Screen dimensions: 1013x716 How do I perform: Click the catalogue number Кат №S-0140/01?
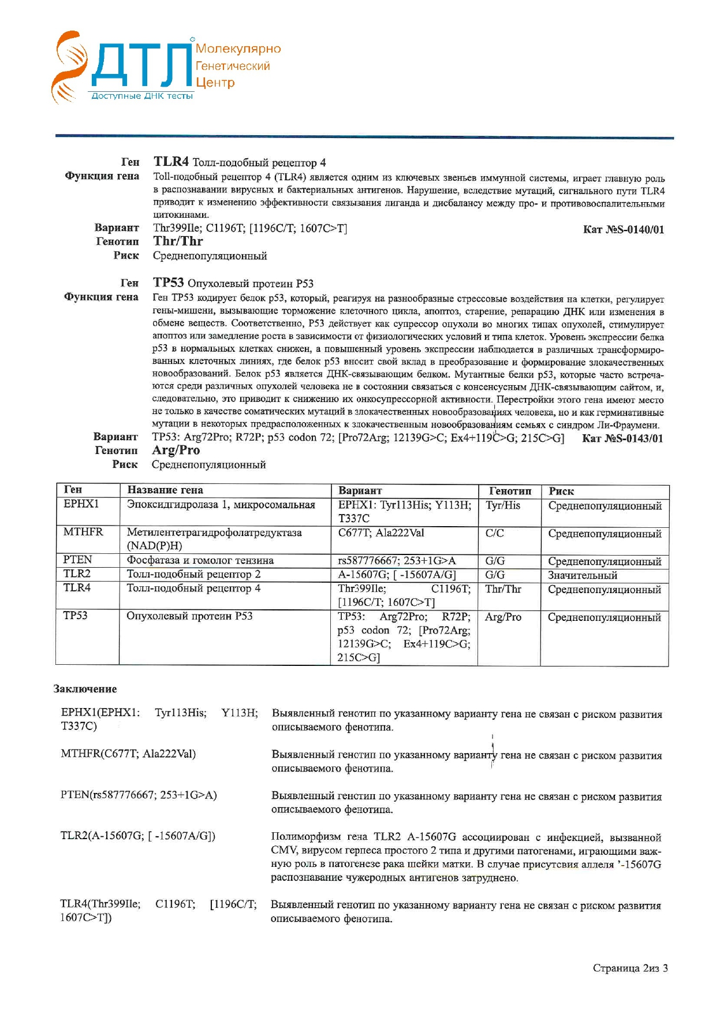pyautogui.click(x=623, y=230)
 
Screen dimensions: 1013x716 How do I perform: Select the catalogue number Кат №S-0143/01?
pyautogui.click(x=622, y=438)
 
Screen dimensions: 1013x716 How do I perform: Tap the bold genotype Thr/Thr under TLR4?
pyautogui.click(x=178, y=241)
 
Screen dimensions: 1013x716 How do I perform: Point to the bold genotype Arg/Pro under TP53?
pyautogui.click(x=176, y=450)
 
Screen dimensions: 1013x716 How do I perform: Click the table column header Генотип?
pyautogui.click(x=509, y=491)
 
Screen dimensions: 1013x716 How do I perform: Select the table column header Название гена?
pyautogui.click(x=165, y=490)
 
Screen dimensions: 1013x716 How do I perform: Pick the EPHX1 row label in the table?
pyautogui.click(x=81, y=504)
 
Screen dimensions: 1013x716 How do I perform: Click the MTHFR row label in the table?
pyautogui.click(x=83, y=532)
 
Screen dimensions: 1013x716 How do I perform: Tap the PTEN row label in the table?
pyautogui.click(x=77, y=560)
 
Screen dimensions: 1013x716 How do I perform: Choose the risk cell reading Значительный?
pyautogui.click(x=582, y=575)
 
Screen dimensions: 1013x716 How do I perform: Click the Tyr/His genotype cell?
pyautogui.click(x=502, y=505)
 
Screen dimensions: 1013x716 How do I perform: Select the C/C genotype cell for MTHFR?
pyautogui.click(x=494, y=533)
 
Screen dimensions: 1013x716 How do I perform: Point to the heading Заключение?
pyautogui.click(x=85, y=689)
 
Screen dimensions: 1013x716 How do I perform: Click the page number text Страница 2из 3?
pyautogui.click(x=630, y=968)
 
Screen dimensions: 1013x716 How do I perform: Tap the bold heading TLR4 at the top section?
pyautogui.click(x=171, y=162)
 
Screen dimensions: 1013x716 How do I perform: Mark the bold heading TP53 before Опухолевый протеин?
pyautogui.click(x=168, y=282)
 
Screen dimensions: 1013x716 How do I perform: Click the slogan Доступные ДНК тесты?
pyautogui.click(x=142, y=96)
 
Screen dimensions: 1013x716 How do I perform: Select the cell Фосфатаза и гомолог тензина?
pyautogui.click(x=200, y=560)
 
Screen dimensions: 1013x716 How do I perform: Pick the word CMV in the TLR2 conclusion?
pyautogui.click(x=282, y=850)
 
